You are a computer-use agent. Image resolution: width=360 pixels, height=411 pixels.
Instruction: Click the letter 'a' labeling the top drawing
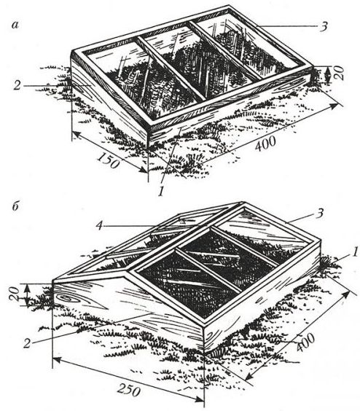tap(15, 25)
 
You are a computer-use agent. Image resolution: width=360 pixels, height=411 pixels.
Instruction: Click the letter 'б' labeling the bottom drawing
tap(15, 206)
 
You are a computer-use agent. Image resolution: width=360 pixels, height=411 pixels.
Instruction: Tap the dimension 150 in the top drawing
tap(109, 160)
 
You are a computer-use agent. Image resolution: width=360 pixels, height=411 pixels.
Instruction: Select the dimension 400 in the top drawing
tap(265, 144)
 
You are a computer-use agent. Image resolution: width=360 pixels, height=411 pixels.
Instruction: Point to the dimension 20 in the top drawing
tap(339, 73)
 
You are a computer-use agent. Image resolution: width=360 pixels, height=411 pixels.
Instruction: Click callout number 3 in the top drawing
tap(324, 26)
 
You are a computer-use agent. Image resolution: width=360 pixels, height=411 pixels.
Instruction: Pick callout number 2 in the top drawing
tap(17, 85)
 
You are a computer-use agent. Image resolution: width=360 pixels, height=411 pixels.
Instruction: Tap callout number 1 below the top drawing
tap(161, 192)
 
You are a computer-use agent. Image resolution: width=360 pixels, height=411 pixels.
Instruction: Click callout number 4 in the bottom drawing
tap(98, 225)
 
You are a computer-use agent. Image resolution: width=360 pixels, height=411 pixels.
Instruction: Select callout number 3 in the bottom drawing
tap(320, 214)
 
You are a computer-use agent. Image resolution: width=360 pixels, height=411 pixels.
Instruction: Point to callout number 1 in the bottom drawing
tap(355, 252)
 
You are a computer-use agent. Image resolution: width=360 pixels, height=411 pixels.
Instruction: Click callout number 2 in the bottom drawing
tap(27, 343)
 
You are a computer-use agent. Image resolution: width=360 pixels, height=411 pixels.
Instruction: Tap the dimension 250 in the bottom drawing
tap(128, 391)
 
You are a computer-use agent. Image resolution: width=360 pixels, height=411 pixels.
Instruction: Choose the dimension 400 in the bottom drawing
tap(306, 342)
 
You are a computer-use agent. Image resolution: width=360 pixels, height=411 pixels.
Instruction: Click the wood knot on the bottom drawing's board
tap(65, 298)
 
